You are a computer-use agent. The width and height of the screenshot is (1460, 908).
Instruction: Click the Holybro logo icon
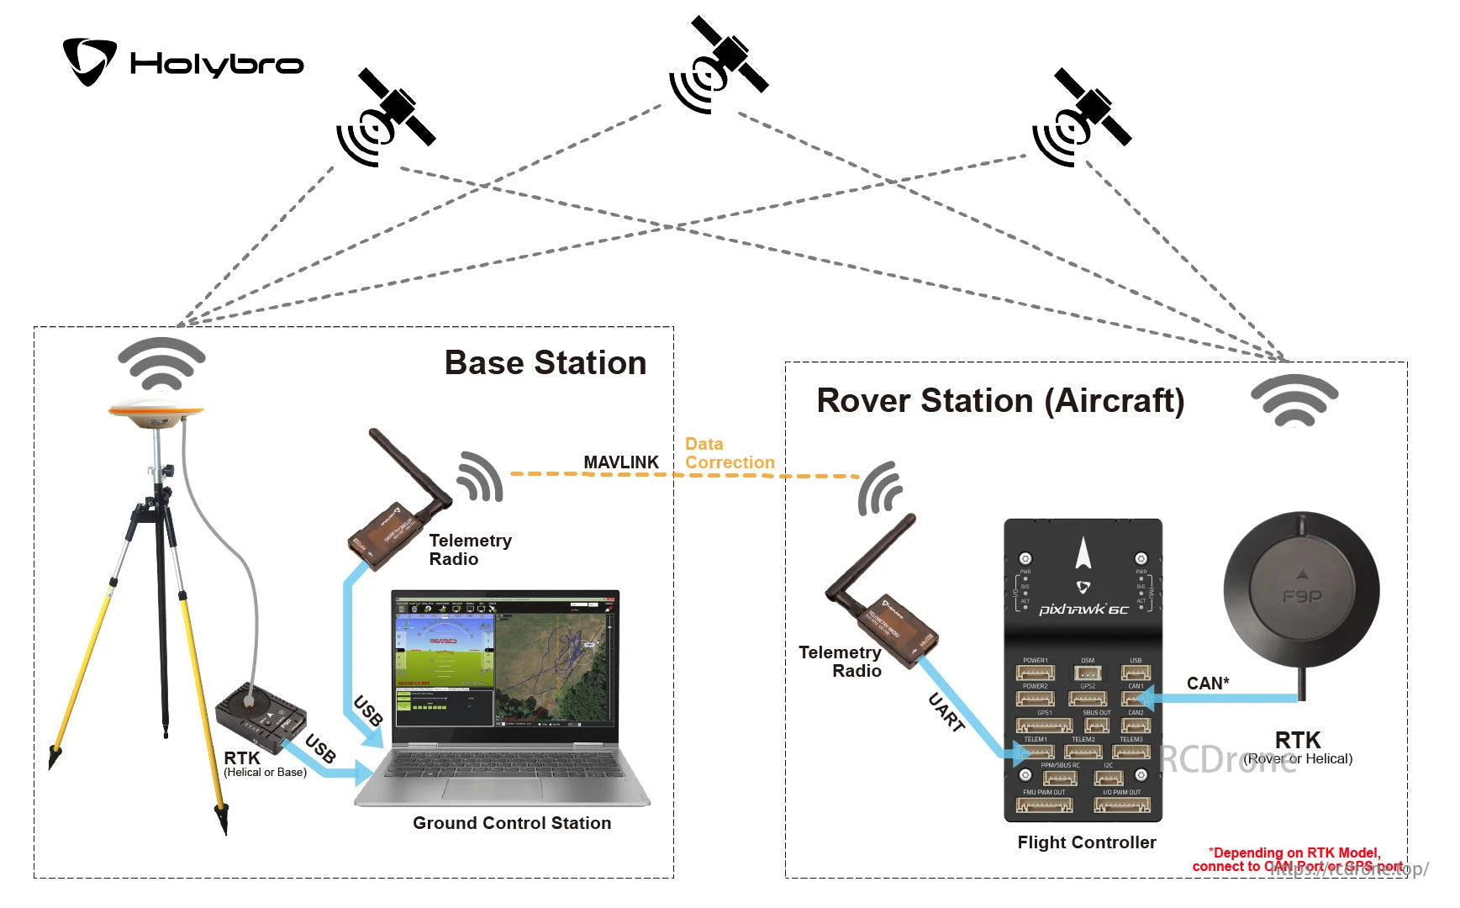point(89,61)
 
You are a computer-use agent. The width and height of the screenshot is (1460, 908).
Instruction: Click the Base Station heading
point(545,363)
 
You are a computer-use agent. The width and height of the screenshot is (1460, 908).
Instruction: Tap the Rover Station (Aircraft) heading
point(1000,401)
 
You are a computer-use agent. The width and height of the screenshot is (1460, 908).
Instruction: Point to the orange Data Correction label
point(728,453)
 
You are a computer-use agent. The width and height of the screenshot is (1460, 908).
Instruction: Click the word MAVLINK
point(621,462)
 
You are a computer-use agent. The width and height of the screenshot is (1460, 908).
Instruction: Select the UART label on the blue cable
point(946,712)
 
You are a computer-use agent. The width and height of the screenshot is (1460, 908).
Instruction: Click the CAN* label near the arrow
point(1208,684)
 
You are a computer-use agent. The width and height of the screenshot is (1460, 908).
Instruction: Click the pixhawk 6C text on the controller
point(1083,609)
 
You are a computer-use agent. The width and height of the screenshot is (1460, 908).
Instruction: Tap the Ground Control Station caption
point(511,823)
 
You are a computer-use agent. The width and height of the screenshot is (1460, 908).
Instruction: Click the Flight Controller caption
point(1086,842)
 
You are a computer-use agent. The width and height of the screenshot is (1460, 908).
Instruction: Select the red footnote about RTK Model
point(1296,859)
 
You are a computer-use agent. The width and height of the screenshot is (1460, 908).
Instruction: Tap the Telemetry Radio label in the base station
point(469,550)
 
